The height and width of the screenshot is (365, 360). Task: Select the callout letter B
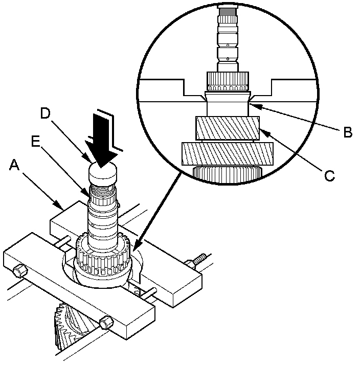coord(347,132)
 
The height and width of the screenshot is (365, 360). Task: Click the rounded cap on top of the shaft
coord(103,173)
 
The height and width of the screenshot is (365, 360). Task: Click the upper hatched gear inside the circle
coord(227,128)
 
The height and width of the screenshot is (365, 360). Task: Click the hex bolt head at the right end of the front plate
coord(106,323)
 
